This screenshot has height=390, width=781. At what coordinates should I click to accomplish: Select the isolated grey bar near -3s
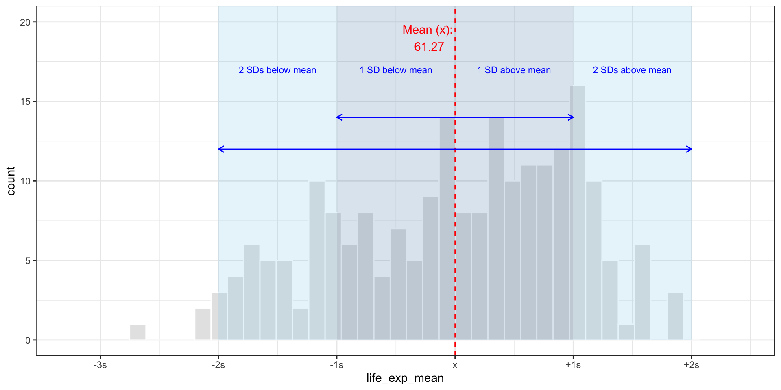pyautogui.click(x=137, y=332)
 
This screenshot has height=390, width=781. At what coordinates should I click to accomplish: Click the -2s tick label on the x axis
pyautogui.click(x=218, y=365)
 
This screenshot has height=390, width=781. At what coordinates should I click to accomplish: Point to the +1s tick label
pyautogui.click(x=573, y=365)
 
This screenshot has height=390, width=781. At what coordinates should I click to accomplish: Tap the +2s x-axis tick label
pyautogui.click(x=691, y=365)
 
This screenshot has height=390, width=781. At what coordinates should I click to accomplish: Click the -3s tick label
pyautogui.click(x=100, y=365)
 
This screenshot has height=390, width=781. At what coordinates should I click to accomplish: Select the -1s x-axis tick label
pyautogui.click(x=336, y=365)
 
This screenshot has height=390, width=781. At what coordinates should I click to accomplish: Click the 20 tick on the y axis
pyautogui.click(x=25, y=22)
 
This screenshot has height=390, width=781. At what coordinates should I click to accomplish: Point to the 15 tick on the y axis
pyautogui.click(x=25, y=102)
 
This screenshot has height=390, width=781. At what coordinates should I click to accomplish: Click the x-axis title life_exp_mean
pyautogui.click(x=405, y=378)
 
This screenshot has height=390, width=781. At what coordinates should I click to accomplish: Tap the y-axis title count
pyautogui.click(x=11, y=181)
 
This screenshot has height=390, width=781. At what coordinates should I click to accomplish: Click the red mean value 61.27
pyautogui.click(x=429, y=47)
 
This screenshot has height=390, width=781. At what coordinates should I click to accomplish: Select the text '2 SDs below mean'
pyautogui.click(x=277, y=70)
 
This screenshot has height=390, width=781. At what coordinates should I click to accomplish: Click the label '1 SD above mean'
pyautogui.click(x=514, y=70)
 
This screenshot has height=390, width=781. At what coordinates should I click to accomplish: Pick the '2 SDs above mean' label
pyautogui.click(x=632, y=70)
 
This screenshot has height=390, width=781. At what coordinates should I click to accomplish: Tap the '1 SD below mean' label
pyautogui.click(x=395, y=70)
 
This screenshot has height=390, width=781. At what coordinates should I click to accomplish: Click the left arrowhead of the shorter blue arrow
pyautogui.click(x=338, y=117)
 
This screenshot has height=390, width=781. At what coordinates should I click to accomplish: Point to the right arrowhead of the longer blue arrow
pyautogui.click(x=690, y=149)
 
